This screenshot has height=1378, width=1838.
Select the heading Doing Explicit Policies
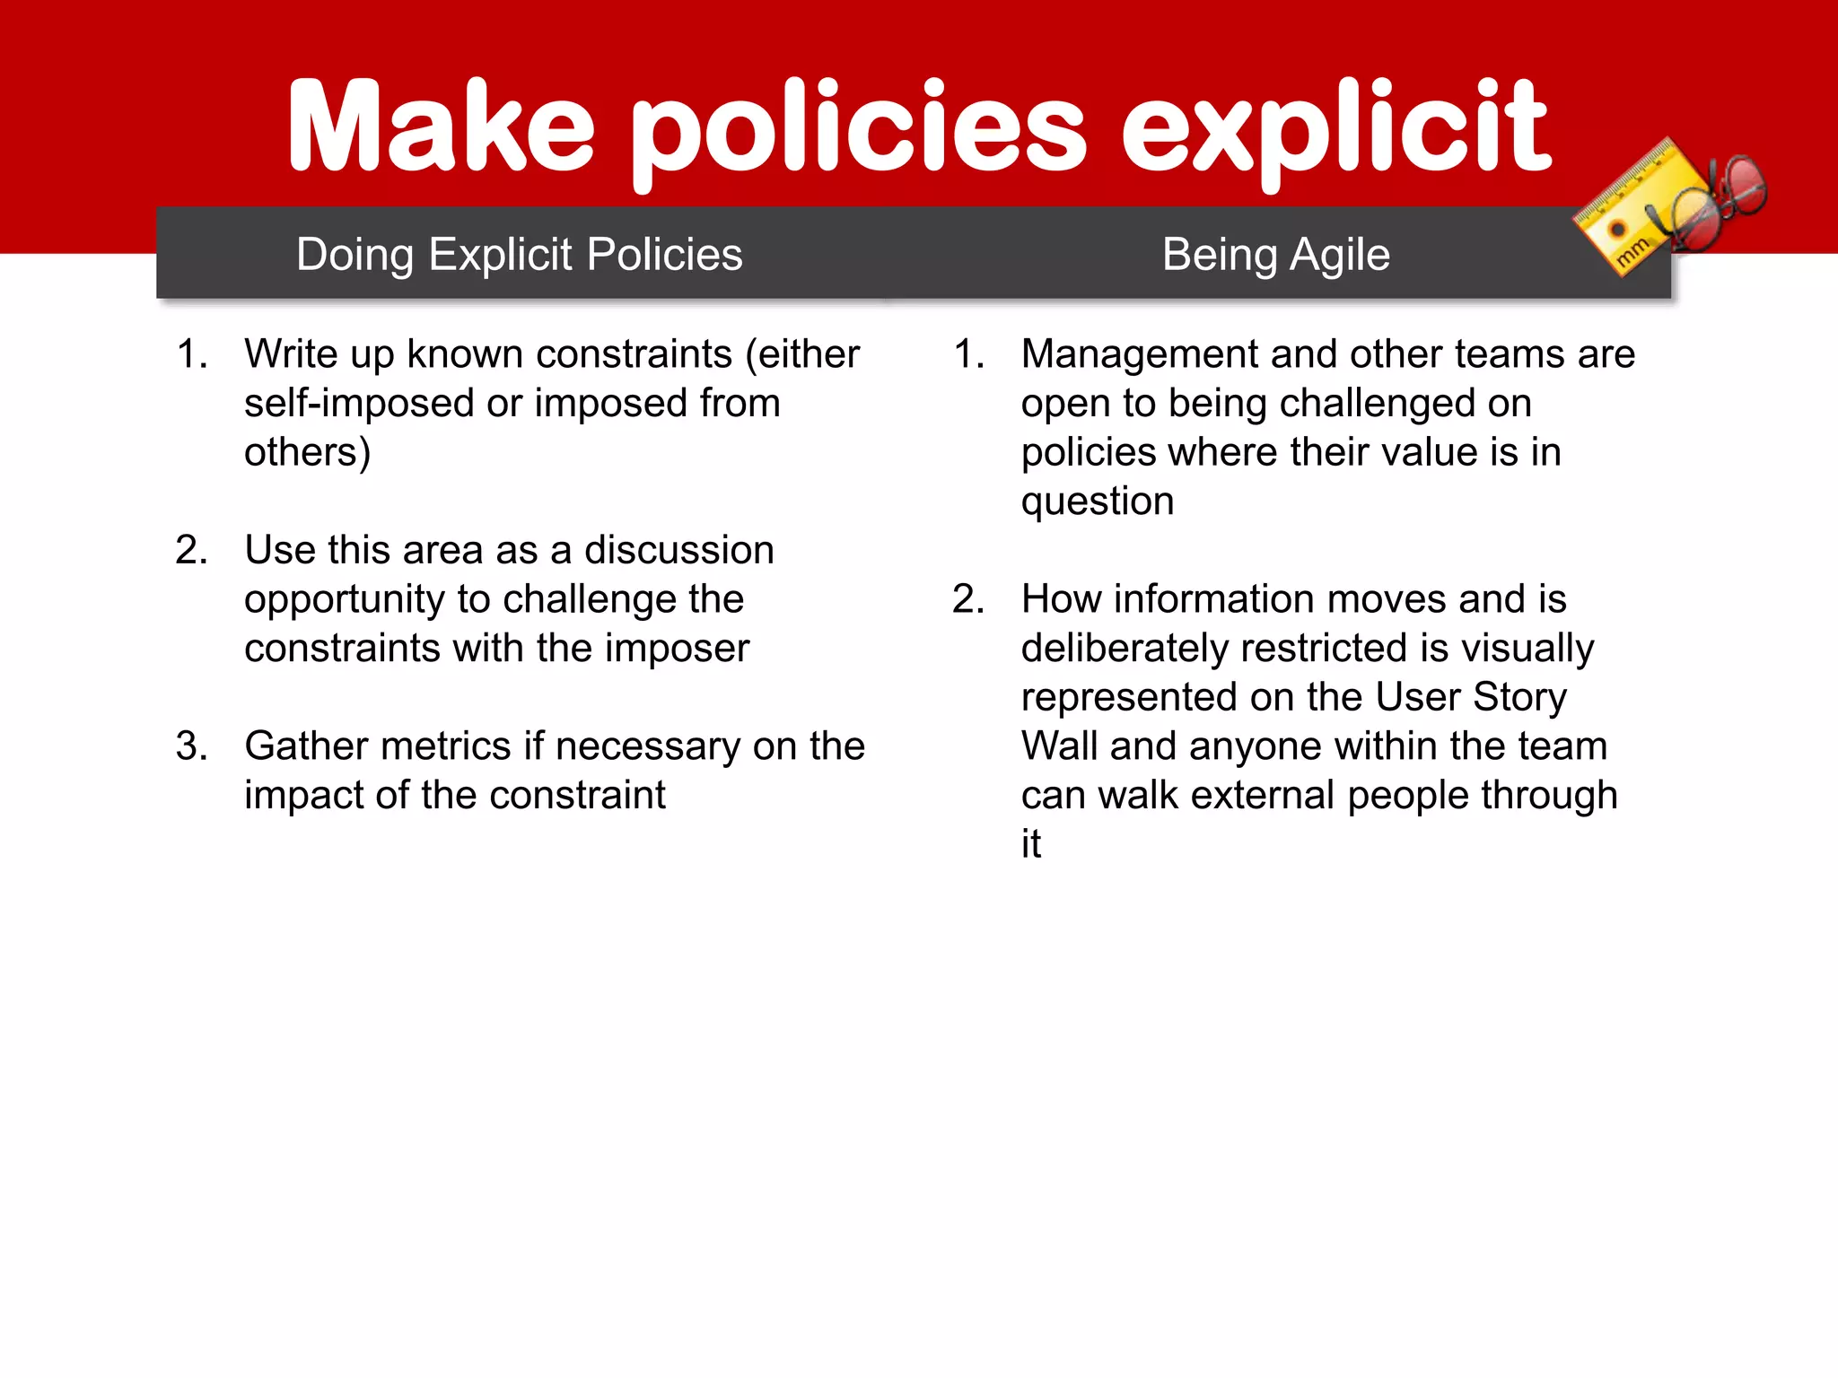point(520,255)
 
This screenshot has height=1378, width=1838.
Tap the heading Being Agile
point(1275,255)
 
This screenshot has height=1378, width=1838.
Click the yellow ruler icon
point(1624,211)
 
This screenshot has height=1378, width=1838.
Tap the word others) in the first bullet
point(307,452)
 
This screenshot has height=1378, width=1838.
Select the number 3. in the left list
point(192,746)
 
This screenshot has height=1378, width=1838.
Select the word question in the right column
point(1097,502)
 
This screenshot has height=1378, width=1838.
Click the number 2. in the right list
point(968,599)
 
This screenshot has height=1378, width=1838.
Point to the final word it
point(1030,844)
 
